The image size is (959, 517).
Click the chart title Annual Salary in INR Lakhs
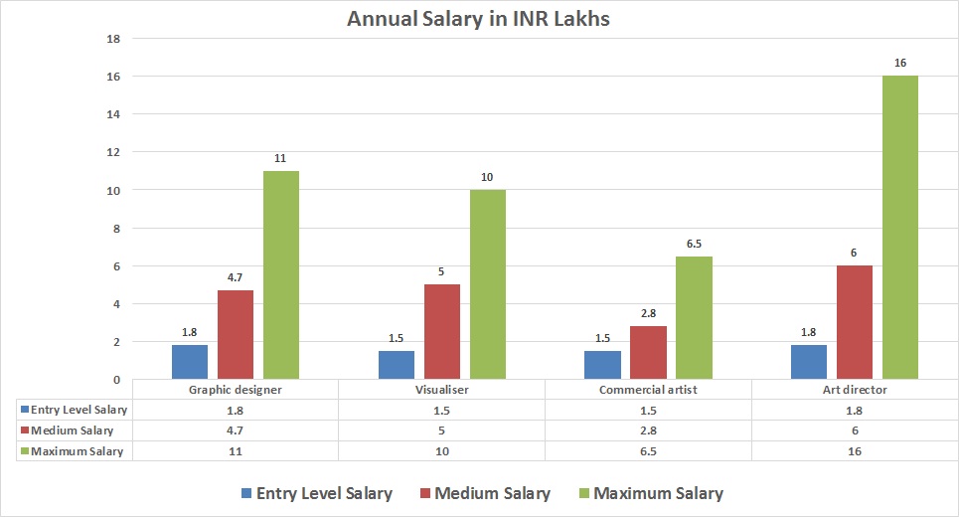click(479, 19)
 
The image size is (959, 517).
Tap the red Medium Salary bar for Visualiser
click(442, 331)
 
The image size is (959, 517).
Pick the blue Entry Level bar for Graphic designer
click(190, 362)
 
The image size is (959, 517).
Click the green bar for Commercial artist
click(694, 317)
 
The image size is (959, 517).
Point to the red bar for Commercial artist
click(648, 352)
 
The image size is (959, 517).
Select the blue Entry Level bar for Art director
click(809, 362)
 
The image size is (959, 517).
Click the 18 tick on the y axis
click(113, 39)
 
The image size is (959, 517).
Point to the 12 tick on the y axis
click(113, 152)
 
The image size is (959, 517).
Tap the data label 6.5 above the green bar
click(694, 244)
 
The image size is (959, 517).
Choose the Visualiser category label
click(441, 390)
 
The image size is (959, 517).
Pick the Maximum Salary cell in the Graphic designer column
click(236, 451)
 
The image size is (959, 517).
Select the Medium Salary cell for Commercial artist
click(648, 431)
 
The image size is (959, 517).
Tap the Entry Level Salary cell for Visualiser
click(441, 410)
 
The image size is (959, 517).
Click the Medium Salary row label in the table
click(74, 431)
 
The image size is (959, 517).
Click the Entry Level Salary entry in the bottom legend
click(316, 493)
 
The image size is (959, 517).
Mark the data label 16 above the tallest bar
click(900, 63)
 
